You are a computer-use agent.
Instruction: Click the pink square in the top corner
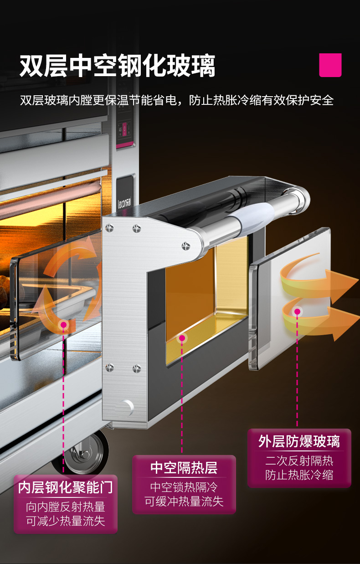330,65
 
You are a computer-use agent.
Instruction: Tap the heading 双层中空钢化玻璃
117,66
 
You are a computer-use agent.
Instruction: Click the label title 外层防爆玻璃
299,441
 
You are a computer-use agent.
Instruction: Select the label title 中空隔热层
184,467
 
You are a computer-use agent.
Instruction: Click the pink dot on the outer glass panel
298,312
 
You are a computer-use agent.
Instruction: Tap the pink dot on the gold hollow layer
182,338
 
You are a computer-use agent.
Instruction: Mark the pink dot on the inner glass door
64,325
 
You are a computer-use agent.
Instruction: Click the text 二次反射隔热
299,461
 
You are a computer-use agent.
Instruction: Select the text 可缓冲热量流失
184,502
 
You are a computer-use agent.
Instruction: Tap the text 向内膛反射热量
65,507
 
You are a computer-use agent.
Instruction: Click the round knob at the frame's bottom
126,406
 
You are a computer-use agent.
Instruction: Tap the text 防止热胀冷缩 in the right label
299,475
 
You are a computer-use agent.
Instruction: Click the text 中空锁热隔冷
184,486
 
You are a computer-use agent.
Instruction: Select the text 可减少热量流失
65,521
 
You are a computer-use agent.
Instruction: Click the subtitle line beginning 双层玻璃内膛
177,100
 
